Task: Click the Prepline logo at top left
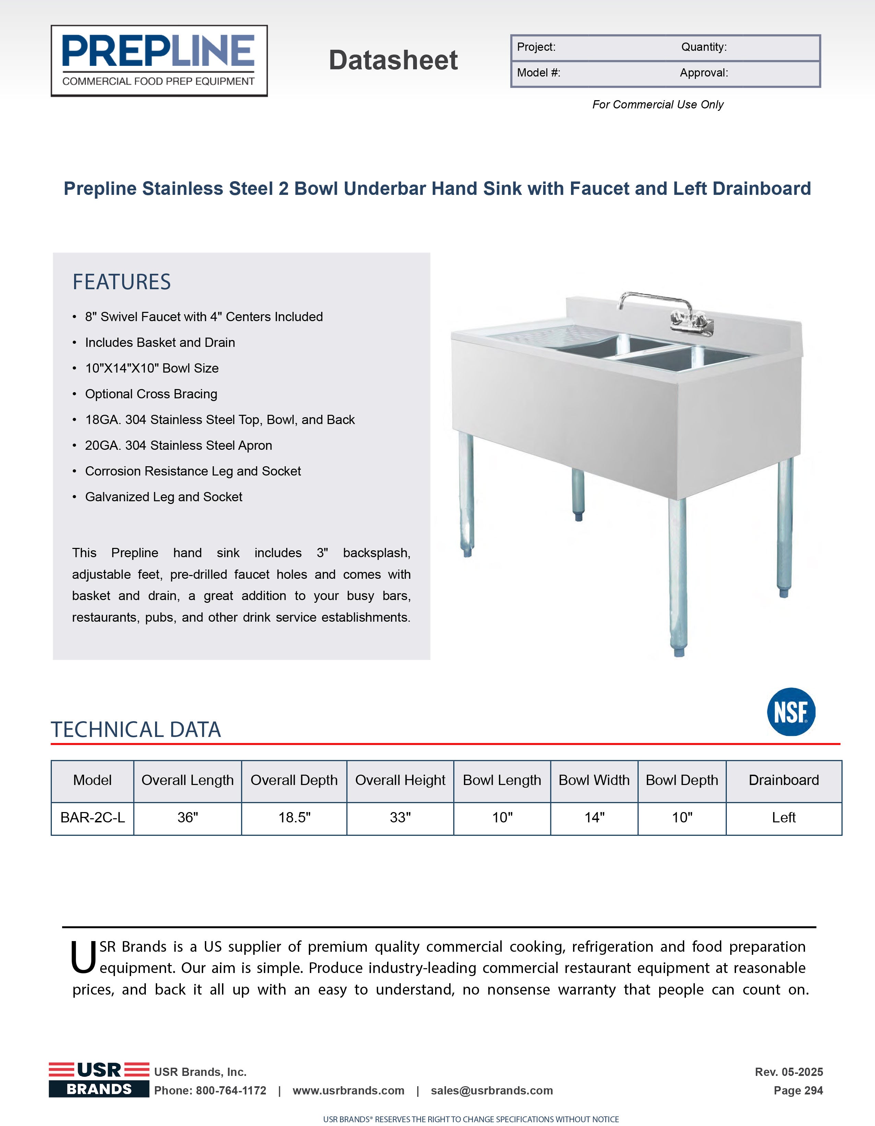(x=159, y=61)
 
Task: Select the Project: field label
(x=536, y=47)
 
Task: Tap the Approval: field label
(x=704, y=73)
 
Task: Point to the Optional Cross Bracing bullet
(x=151, y=394)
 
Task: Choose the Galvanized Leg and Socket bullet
(x=163, y=497)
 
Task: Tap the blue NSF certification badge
(x=791, y=712)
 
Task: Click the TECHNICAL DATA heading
(x=136, y=729)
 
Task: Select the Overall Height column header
(x=400, y=781)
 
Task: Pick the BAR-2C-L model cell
(x=93, y=818)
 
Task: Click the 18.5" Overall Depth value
(x=294, y=818)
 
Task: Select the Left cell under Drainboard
(x=783, y=818)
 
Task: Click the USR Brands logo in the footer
(x=99, y=1080)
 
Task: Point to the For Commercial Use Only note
(x=657, y=105)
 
